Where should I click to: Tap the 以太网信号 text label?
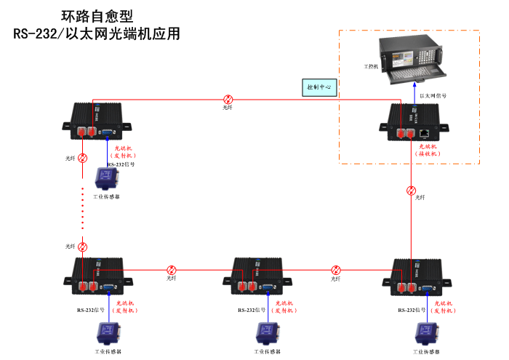(x=433, y=95)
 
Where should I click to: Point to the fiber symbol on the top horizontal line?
(x=228, y=100)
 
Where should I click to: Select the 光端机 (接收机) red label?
(x=428, y=150)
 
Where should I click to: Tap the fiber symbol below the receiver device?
(x=412, y=191)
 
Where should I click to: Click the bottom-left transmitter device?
(x=97, y=274)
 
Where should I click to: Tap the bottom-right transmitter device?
(x=418, y=275)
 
